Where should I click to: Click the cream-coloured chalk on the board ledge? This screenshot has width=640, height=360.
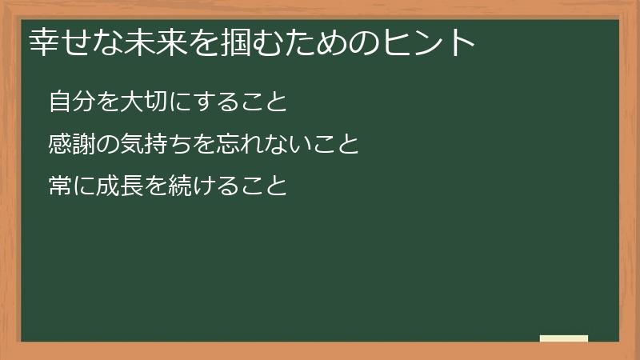click(564, 338)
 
